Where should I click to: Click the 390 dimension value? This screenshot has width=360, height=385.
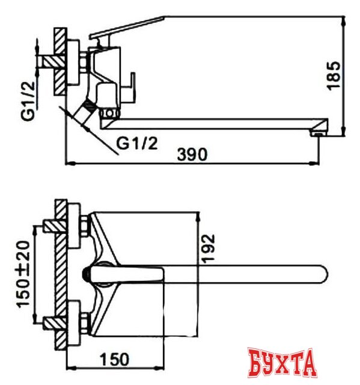tap(192, 154)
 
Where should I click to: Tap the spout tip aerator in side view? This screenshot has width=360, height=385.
tap(317, 130)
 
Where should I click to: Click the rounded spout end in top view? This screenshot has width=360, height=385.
tap(321, 274)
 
